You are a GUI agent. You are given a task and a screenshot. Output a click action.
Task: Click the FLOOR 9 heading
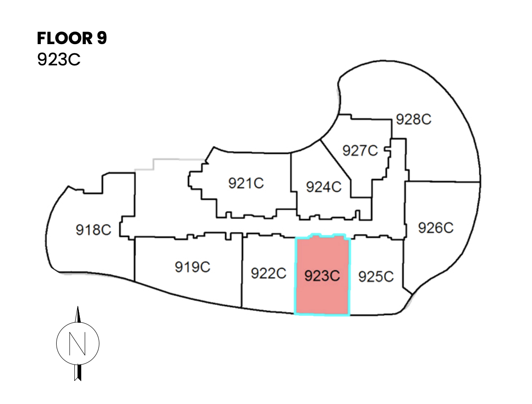coord(72,39)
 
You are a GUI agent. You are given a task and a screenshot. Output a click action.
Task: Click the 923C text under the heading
coord(59,60)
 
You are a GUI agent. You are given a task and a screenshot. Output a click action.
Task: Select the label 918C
coord(93,229)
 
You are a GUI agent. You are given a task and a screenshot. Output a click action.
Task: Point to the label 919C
coord(193,267)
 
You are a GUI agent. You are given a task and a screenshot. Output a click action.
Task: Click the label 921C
coord(246,183)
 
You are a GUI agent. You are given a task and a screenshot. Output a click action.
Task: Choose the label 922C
coord(268,274)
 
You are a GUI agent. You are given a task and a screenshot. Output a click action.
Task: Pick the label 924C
coord(324,187)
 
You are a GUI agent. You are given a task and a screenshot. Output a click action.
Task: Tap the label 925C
coord(376,277)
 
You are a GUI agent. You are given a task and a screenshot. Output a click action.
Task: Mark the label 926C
coord(435,228)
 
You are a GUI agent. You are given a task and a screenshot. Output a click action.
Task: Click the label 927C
coord(360,150)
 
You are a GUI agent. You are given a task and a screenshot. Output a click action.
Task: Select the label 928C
coord(414,119)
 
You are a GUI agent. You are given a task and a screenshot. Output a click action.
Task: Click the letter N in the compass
coord(78,344)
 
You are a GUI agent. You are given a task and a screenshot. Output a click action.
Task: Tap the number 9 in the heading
coord(102,39)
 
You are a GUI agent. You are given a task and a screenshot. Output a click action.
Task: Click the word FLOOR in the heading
coord(65,39)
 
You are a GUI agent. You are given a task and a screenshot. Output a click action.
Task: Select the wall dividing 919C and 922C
coord(242,269)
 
